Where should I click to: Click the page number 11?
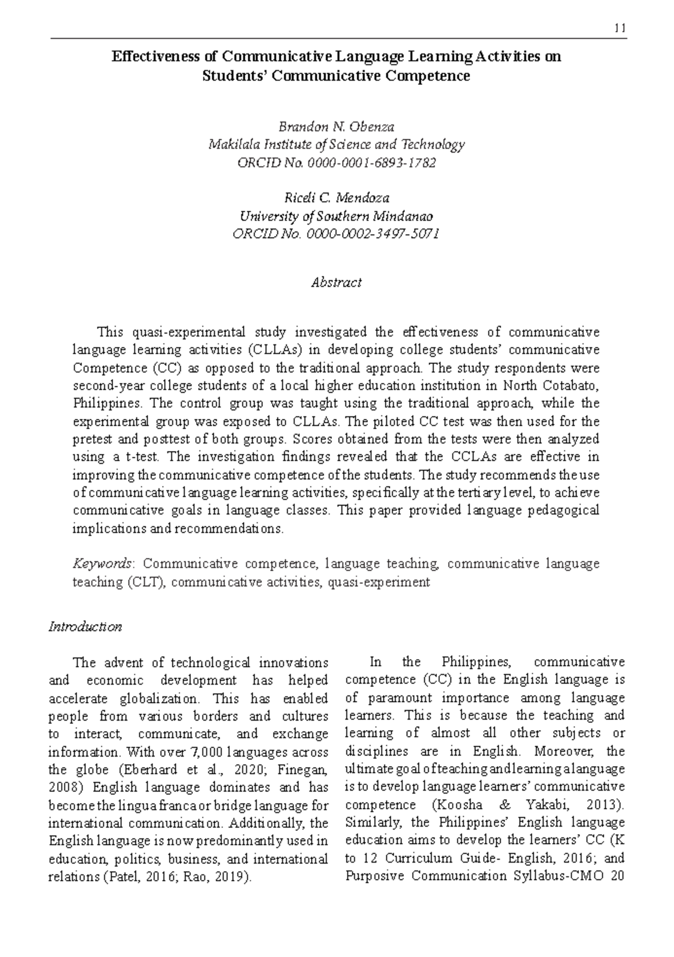coord(621,28)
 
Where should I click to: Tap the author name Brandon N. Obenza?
coord(336,127)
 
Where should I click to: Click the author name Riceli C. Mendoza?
coord(336,198)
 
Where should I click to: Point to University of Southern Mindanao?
coord(336,216)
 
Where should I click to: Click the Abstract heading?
coord(336,282)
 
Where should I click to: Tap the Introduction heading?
coord(85,626)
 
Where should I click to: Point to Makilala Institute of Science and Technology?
coord(336,145)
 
